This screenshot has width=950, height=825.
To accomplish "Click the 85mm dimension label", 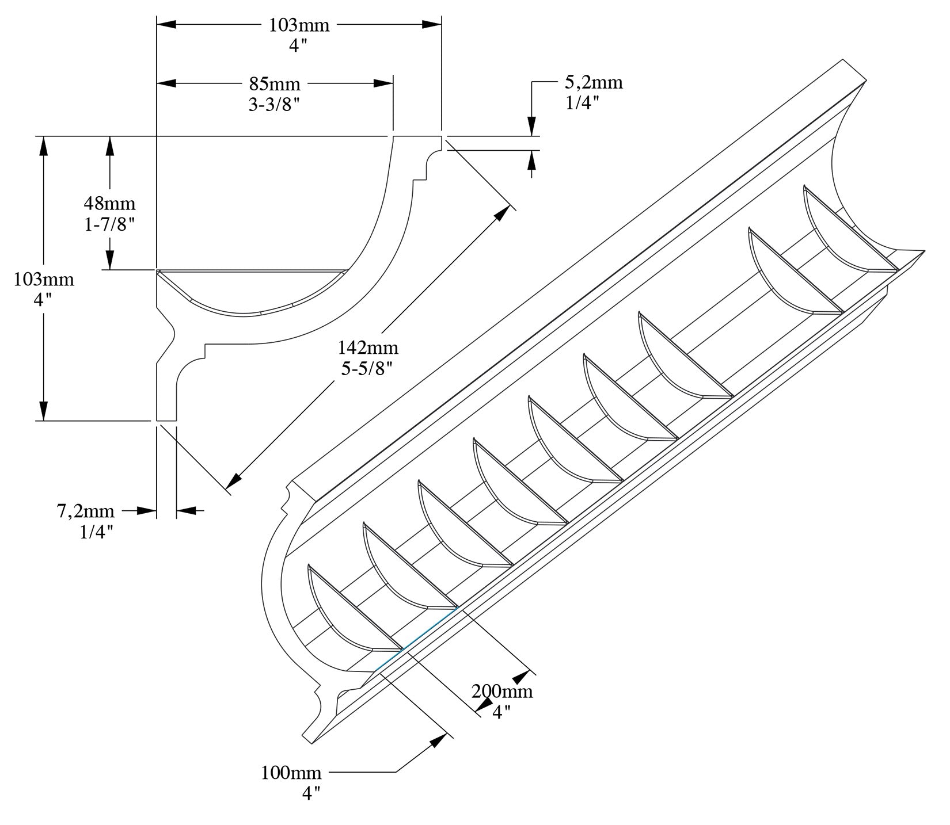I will tap(275, 84).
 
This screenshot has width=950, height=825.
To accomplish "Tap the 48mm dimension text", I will tap(109, 203).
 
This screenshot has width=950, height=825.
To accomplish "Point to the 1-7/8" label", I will tap(109, 224).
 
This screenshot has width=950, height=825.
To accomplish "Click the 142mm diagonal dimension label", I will tap(368, 347).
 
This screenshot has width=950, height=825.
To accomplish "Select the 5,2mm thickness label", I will tap(593, 82).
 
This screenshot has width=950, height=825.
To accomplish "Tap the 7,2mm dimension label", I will tap(85, 511).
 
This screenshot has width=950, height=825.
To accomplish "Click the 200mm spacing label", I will tap(503, 691).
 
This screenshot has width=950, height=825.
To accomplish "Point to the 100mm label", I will tap(291, 772).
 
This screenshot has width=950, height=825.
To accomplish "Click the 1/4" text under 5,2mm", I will tap(583, 103).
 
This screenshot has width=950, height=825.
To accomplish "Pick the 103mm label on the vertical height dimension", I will tap(44, 280).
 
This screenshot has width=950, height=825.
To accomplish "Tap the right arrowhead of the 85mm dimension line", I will tap(383, 83).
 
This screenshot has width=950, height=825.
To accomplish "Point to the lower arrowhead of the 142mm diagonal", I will tap(236, 479).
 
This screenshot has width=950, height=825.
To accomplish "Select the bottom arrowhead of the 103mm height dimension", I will tap(43, 411).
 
